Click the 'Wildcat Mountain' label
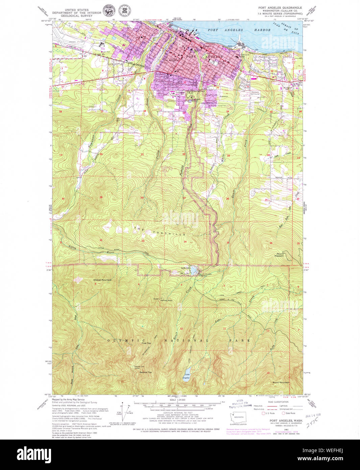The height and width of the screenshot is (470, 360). pyautogui.click(x=103, y=280)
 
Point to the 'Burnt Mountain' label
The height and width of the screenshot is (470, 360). pyautogui.click(x=281, y=382)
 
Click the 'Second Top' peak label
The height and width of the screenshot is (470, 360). pyautogui.click(x=146, y=372)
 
